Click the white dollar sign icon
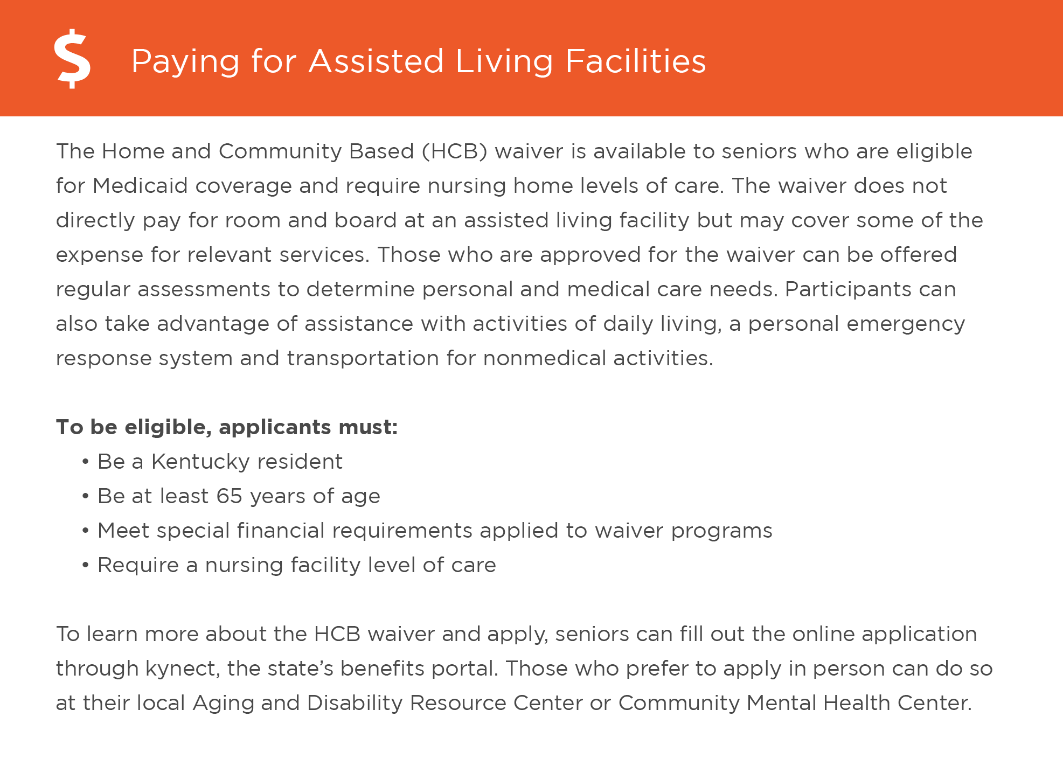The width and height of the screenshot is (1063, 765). pyautogui.click(x=73, y=59)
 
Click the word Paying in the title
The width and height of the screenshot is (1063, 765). pyautogui.click(x=185, y=61)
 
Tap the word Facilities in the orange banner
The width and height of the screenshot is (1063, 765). pyautogui.click(x=635, y=61)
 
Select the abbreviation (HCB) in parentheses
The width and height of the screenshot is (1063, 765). pyautogui.click(x=455, y=151)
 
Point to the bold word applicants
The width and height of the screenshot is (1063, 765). pyautogui.click(x=275, y=428)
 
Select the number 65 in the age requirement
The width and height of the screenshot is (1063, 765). pyautogui.click(x=229, y=496)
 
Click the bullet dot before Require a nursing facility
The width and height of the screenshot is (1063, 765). pyautogui.click(x=85, y=566)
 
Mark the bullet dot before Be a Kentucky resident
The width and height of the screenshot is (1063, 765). pyautogui.click(x=85, y=462)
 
